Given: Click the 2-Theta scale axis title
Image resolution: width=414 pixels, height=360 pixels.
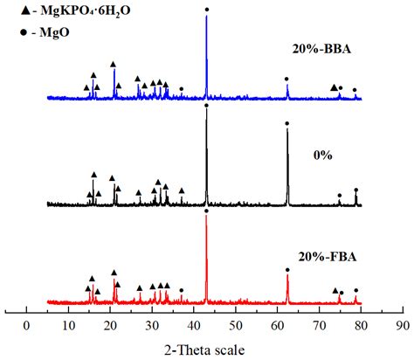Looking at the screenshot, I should tap(212, 348).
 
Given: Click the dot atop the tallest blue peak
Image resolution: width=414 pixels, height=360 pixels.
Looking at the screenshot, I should tap(206, 10).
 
